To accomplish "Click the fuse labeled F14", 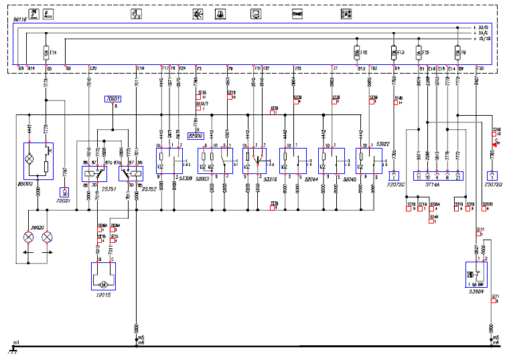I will click(x=46, y=52).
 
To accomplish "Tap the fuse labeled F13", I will click(x=392, y=52).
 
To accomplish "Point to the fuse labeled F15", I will click(x=418, y=52).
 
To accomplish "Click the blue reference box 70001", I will click(x=113, y=99).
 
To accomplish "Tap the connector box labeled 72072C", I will click(x=393, y=176).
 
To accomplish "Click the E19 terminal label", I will click(x=140, y=68).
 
